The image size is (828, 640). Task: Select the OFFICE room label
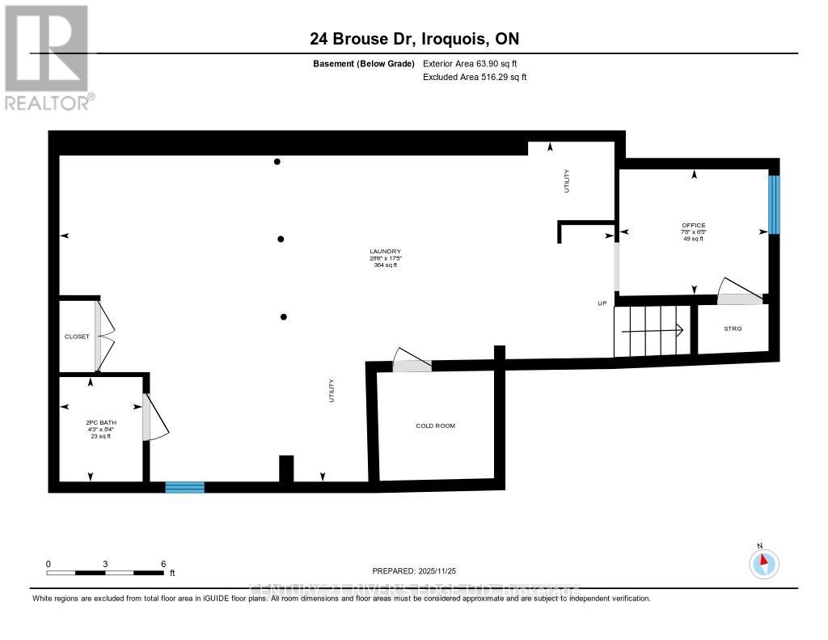693,225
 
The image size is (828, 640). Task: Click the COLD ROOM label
435,426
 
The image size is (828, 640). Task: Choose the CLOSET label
77,337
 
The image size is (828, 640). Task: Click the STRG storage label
733,328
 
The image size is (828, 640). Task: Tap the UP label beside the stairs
602,303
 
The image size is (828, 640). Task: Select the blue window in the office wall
774,205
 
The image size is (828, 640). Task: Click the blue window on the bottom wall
184,486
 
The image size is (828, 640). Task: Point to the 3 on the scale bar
105,564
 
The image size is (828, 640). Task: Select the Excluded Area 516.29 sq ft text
475,77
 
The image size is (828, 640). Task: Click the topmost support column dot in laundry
277,162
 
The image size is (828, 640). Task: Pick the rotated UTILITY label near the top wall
567,180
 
